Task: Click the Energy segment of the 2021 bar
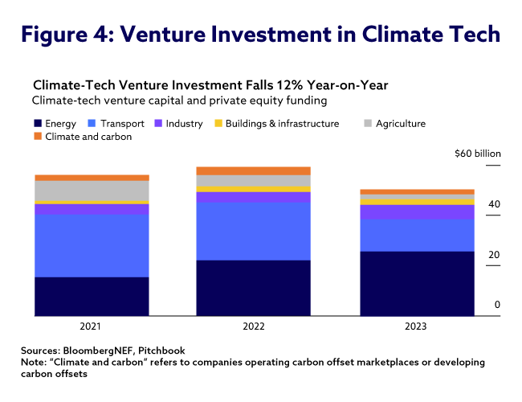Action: [x=92, y=296]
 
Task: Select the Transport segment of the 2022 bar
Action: [x=254, y=231]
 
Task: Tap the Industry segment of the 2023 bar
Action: [x=416, y=212]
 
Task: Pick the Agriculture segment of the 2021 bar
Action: [x=92, y=191]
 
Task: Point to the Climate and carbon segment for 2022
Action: [x=254, y=170]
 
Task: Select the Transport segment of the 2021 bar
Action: [x=92, y=245]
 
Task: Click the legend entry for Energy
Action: [x=55, y=124]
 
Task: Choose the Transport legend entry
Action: [x=117, y=124]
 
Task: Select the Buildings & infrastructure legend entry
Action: [x=276, y=124]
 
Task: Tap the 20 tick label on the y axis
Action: [x=495, y=256]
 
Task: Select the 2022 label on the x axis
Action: [x=254, y=327]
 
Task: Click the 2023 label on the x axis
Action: [x=416, y=327]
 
